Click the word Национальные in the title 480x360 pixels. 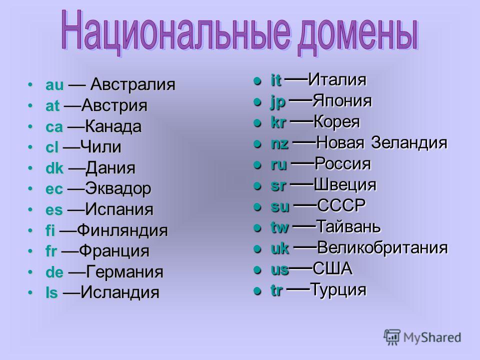pos(176,31)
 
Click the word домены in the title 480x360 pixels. pos(357,34)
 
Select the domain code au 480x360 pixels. pos(54,85)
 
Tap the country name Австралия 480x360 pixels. pos(133,84)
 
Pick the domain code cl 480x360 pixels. pos(51,147)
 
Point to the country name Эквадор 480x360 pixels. pos(118,189)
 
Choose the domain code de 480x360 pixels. pos(54,272)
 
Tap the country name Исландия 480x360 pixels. pos(120,292)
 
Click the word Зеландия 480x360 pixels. pos(409,142)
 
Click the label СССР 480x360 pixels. pos(341,205)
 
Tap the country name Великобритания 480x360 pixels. pos(382,247)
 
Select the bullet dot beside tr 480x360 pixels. pos(257,291)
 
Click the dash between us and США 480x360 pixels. pos(300,268)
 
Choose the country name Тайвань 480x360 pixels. pos(348,226)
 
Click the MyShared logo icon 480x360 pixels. pos(392,337)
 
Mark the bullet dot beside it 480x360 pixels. pos(257,81)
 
